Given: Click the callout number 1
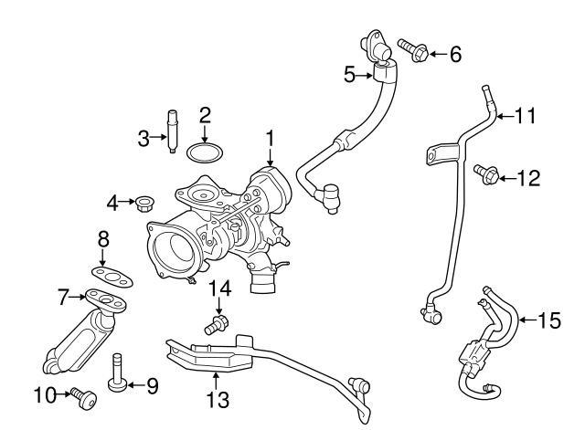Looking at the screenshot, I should pyautogui.click(x=271, y=138).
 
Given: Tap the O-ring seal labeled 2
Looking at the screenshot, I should pyautogui.click(x=205, y=152).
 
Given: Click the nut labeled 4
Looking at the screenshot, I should pyautogui.click(x=143, y=201).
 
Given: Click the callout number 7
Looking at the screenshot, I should pyautogui.click(x=64, y=297).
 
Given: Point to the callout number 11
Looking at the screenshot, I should pyautogui.click(x=523, y=116).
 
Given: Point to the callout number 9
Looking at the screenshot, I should pyautogui.click(x=152, y=386).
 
